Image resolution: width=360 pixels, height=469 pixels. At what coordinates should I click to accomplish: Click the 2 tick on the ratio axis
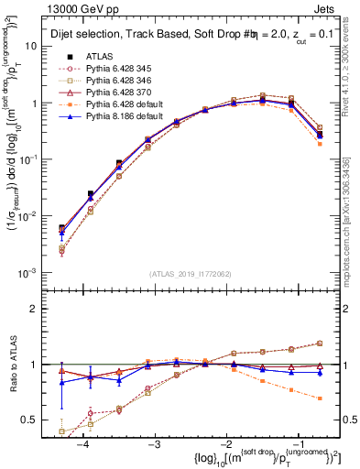coord(41,309)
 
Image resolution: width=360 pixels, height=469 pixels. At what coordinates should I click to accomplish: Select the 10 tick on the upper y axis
coord(38,46)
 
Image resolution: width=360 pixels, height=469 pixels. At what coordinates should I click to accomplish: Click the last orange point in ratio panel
coord(319,398)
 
